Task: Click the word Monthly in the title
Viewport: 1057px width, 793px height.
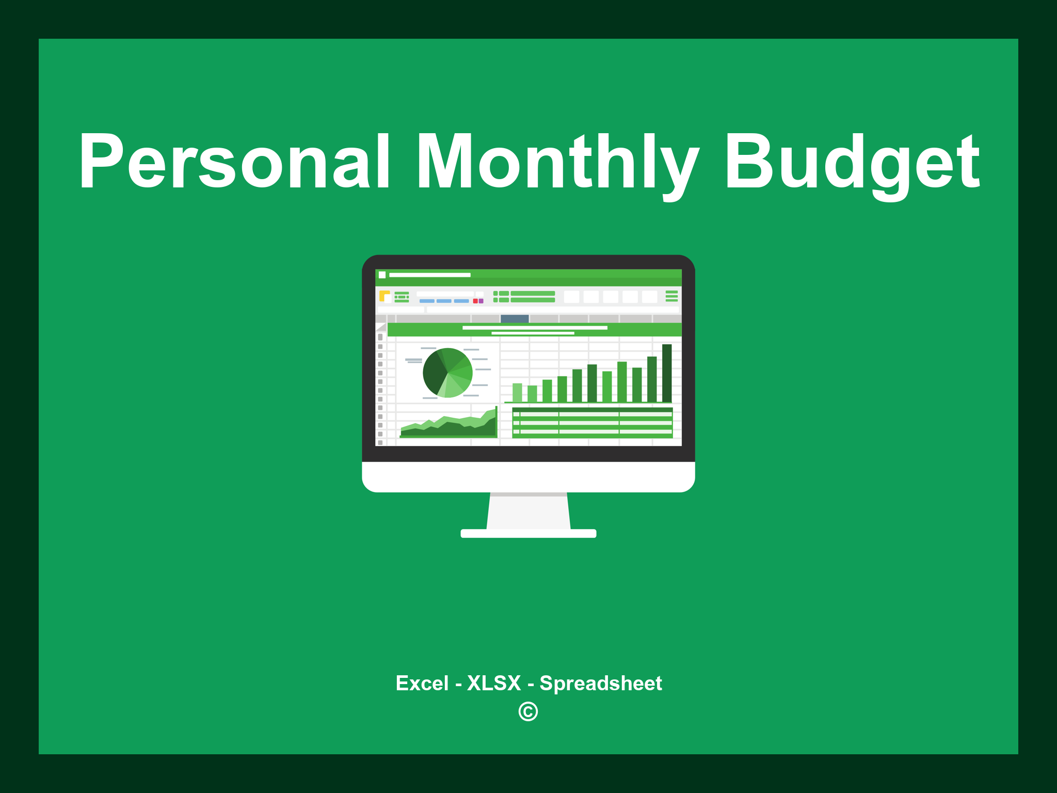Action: (557, 161)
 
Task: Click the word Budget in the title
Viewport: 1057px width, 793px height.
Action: (852, 161)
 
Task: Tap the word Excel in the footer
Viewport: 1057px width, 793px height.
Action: (422, 683)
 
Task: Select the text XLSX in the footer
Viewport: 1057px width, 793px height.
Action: (494, 683)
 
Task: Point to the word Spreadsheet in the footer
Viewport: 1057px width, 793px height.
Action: (600, 683)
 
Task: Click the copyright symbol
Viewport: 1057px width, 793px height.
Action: (528, 711)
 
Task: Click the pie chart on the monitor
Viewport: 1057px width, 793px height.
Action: (447, 373)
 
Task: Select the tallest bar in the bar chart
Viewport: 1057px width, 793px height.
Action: (667, 373)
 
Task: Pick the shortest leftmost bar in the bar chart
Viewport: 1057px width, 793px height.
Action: (517, 392)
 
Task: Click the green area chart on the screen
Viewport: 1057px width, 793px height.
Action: (449, 427)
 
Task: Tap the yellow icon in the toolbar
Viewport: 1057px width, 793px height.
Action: (384, 296)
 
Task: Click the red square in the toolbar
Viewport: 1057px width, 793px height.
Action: (475, 301)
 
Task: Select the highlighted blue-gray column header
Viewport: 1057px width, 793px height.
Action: (515, 319)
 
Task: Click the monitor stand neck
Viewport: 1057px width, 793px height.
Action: (528, 511)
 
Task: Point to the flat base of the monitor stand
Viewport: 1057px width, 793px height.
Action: (528, 533)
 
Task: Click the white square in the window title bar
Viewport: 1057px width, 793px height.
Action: (382, 275)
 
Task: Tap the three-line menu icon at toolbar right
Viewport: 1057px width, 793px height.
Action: (671, 296)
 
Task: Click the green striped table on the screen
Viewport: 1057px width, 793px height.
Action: (592, 422)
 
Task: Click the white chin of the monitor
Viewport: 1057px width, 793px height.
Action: (528, 477)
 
